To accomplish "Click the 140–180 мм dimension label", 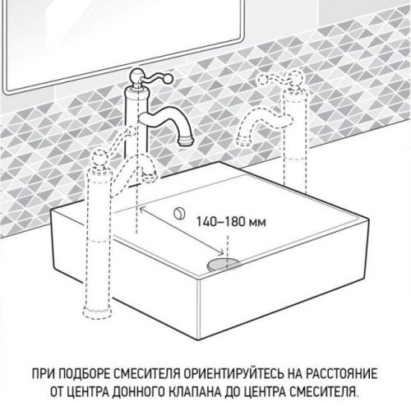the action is (231, 221).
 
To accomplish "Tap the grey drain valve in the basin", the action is (224, 264).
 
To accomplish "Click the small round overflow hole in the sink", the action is (179, 213).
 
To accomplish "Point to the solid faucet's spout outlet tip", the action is (187, 142).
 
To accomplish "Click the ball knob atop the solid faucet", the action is (136, 75).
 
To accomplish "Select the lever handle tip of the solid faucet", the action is (169, 79).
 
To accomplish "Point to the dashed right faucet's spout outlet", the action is (242, 141).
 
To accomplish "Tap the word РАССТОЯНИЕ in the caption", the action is (342, 374).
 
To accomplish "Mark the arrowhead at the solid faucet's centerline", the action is (142, 209).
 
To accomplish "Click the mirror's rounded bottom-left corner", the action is (9, 90).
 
